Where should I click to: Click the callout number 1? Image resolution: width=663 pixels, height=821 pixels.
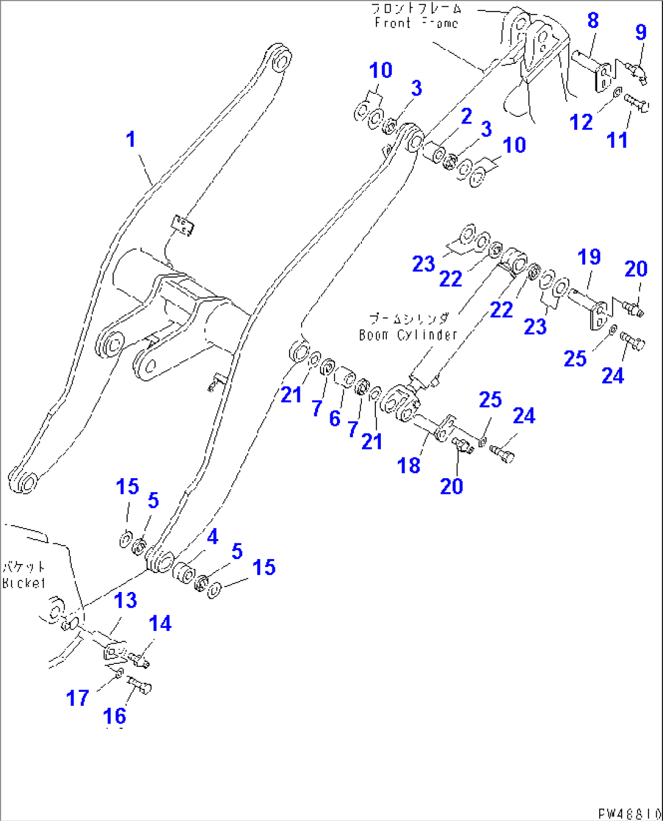click(131, 139)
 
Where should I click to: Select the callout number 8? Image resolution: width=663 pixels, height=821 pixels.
click(593, 21)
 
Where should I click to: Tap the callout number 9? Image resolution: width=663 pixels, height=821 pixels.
click(640, 32)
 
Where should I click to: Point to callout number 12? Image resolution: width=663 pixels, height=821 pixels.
click(581, 122)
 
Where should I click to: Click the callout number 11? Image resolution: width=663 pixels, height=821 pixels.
click(617, 141)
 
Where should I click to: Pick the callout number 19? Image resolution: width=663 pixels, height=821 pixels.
click(589, 257)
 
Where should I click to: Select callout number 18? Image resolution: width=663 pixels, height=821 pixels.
click(409, 466)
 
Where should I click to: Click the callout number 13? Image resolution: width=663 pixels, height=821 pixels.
click(125, 601)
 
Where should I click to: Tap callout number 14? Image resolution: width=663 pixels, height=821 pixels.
click(160, 624)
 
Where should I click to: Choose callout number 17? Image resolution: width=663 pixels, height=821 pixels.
click(78, 698)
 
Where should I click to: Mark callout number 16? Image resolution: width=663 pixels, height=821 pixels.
click(115, 716)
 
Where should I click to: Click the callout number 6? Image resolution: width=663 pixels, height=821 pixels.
click(335, 418)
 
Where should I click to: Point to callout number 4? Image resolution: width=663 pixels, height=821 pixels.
click(212, 537)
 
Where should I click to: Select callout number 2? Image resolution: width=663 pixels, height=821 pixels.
click(466, 116)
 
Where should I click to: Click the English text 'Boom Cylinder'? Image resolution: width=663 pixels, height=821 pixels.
click(408, 335)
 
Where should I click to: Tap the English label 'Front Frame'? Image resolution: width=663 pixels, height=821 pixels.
click(416, 23)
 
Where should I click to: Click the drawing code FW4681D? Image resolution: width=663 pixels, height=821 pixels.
click(629, 814)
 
